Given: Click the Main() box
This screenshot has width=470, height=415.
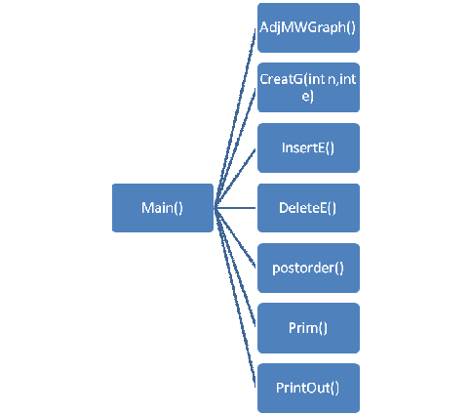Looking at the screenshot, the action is (163, 208).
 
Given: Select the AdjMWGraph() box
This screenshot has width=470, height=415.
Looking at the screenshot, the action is (308, 27).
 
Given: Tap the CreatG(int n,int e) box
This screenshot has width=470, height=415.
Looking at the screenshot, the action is (308, 88).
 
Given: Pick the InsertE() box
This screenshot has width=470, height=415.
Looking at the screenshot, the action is (308, 147).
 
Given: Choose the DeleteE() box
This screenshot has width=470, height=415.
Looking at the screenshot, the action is (308, 208).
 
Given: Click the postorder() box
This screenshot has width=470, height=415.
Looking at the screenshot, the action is (308, 268).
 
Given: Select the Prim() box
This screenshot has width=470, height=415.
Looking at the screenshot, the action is (308, 328).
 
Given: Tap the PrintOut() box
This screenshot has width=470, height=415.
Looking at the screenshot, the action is (308, 388).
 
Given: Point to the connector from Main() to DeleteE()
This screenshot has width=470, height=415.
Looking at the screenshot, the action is (235, 208).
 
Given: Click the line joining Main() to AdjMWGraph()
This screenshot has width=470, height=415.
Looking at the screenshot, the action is (235, 118).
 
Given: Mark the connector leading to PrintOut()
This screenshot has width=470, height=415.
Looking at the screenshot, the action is (235, 298).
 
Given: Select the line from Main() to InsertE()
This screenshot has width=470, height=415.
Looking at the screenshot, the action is (235, 178).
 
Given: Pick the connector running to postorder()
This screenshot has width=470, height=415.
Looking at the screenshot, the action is (235, 237).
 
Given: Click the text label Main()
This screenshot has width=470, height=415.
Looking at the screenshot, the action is (162, 208).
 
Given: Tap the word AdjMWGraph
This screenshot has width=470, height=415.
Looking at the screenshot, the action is (302, 27).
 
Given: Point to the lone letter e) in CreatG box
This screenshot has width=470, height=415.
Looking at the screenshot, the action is (308, 97).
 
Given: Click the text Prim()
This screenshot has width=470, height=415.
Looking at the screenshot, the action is (308, 328).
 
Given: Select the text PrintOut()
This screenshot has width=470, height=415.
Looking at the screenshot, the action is (307, 388).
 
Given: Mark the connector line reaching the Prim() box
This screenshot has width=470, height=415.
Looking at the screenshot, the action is (235, 268).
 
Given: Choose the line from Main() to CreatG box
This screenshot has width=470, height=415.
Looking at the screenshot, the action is (235, 147).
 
